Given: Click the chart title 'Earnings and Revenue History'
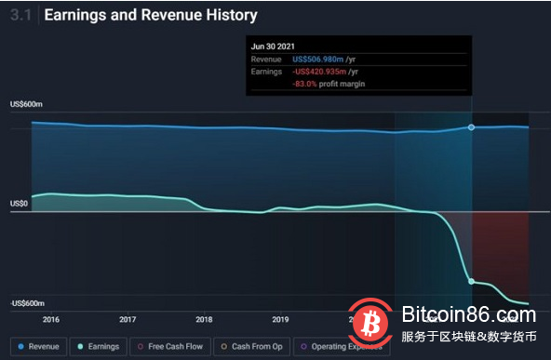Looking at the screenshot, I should pos(151,16).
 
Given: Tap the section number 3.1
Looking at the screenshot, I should pos(20,16).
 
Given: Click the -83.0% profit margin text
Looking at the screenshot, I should pos(329,84).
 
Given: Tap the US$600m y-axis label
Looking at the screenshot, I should pos(28,104).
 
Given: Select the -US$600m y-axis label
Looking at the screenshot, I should pos(29,303).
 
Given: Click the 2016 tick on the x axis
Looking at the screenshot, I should pos(50,318).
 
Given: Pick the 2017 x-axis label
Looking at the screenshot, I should pos(127,318).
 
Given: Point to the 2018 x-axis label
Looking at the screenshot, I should pos(203,318).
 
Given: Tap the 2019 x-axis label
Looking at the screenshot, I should pos(279,318).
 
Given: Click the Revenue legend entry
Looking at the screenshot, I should pos(40,346).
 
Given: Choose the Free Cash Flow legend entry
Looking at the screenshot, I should pos(170,346).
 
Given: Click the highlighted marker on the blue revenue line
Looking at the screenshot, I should pos(471,127).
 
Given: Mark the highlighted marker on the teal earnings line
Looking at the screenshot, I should pos(471,281).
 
